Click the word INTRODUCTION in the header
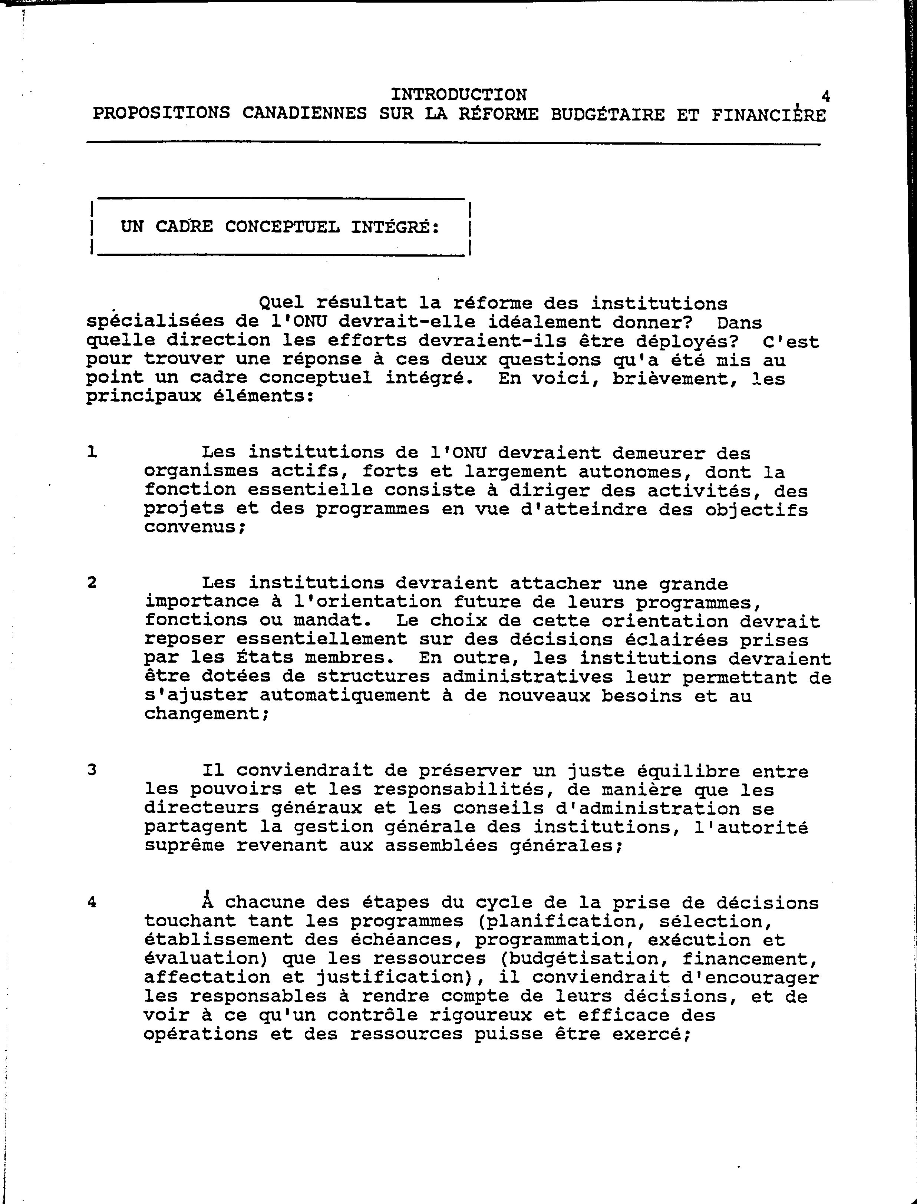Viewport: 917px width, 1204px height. [x=458, y=95]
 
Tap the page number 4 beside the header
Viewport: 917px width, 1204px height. [x=825, y=97]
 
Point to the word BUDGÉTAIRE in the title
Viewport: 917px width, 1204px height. [x=607, y=115]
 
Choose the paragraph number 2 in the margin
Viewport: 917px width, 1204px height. [x=92, y=583]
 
